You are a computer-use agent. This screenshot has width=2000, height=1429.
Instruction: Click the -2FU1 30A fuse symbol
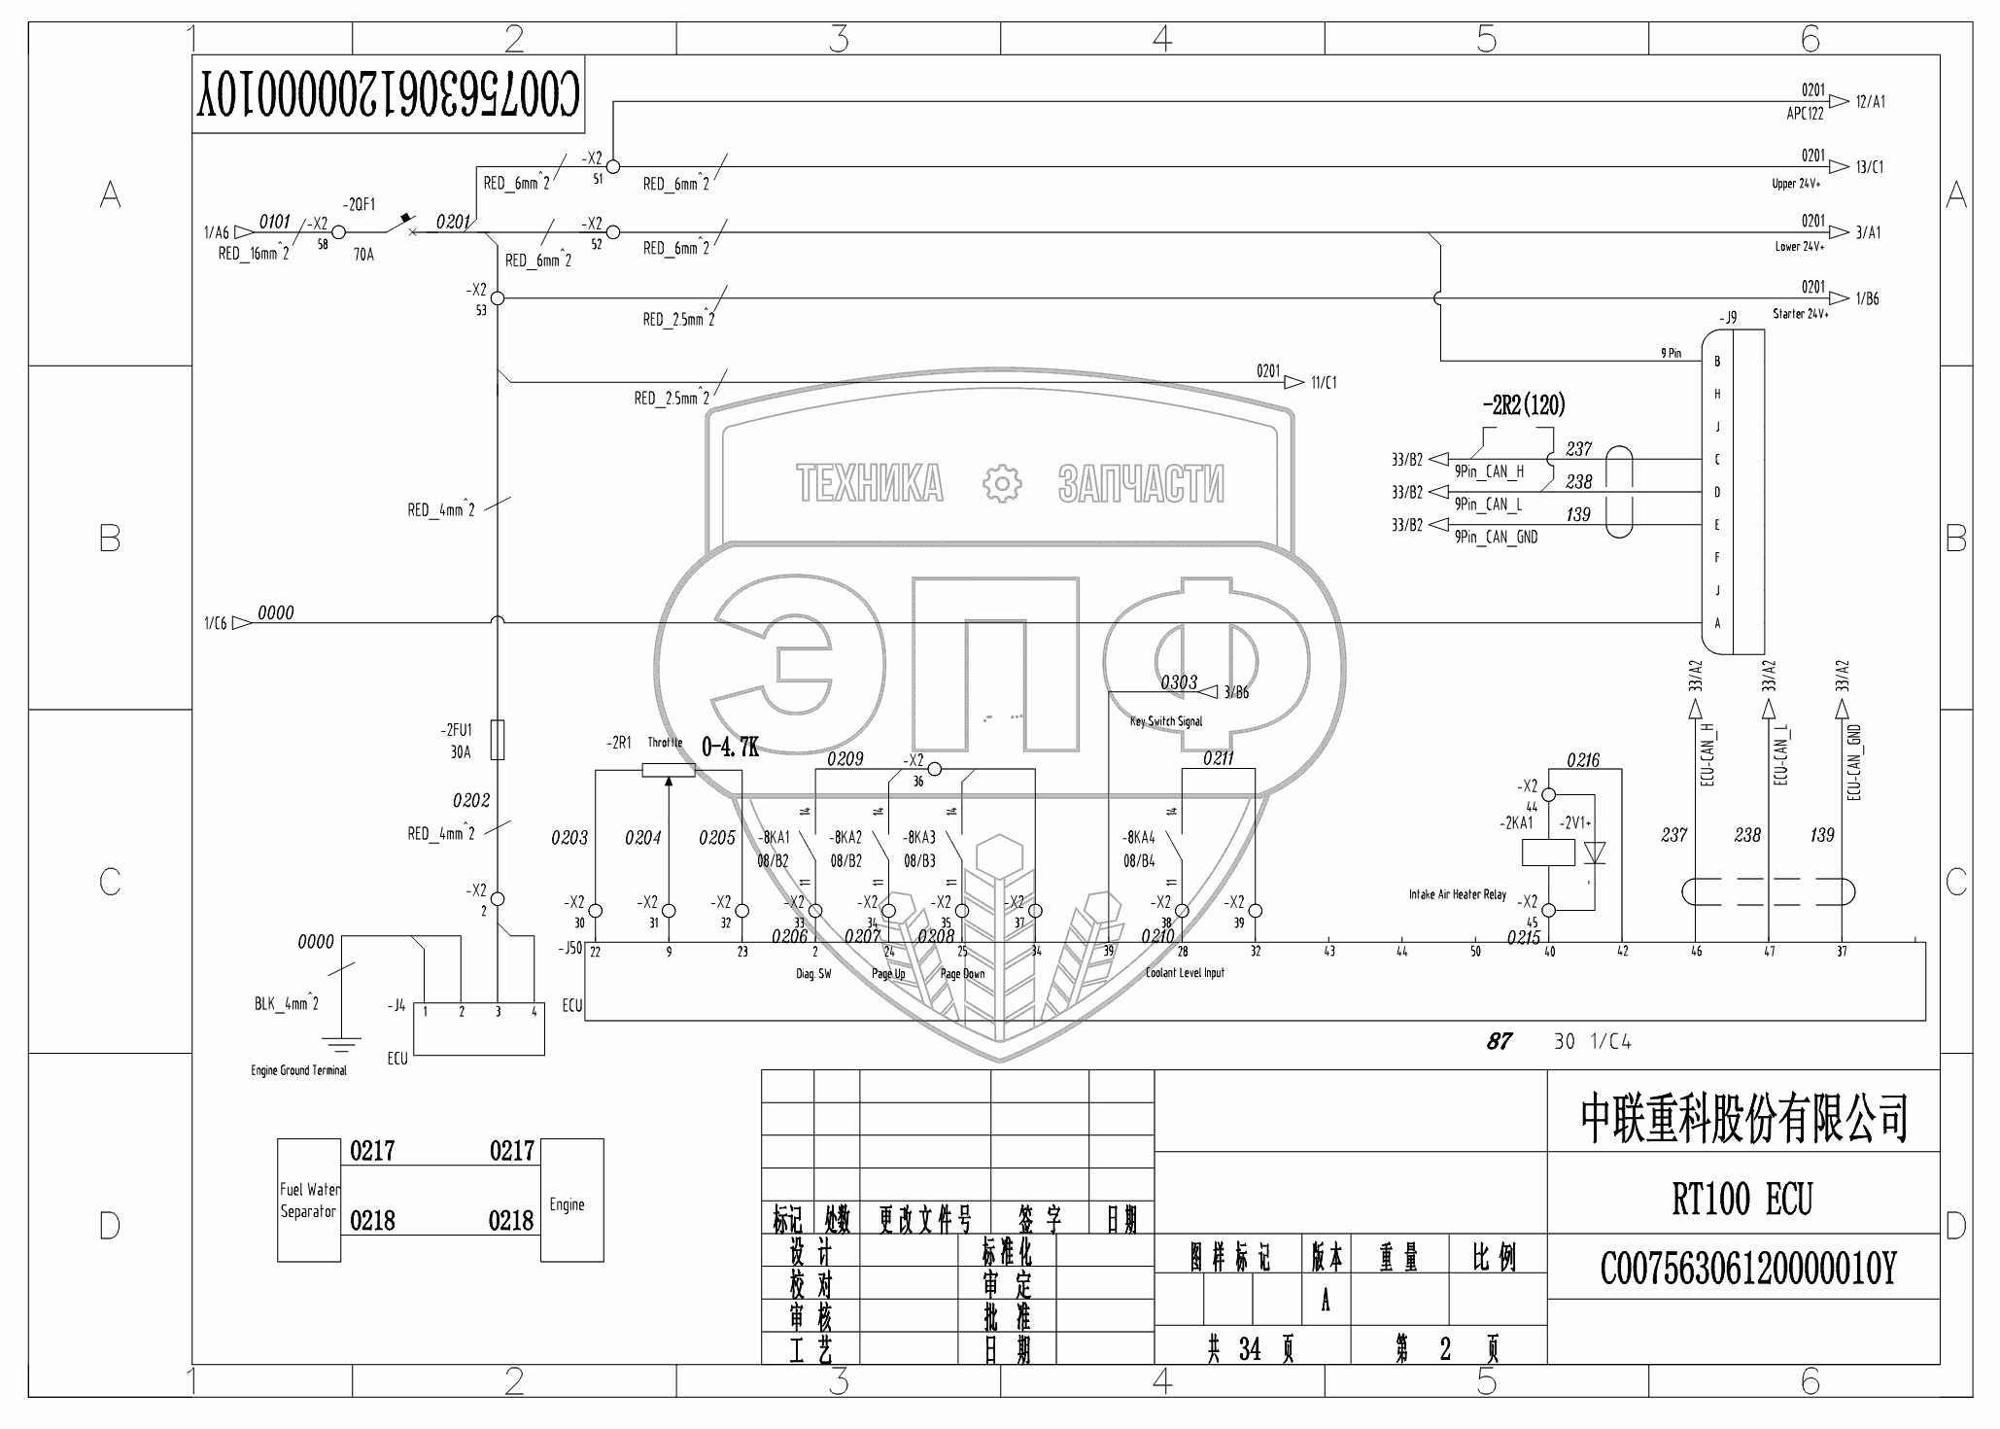tap(498, 740)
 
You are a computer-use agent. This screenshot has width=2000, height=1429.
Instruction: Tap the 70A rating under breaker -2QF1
tap(362, 256)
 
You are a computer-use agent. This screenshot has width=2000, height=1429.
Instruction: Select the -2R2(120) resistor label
tap(1523, 405)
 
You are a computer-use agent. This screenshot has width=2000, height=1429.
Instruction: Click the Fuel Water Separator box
tap(309, 1201)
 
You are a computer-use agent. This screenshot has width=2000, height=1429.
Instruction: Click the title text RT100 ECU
tap(1741, 1200)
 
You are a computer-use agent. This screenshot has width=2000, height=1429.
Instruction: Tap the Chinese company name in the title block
tap(1743, 1118)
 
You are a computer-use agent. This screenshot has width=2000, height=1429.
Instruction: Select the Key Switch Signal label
tap(1166, 721)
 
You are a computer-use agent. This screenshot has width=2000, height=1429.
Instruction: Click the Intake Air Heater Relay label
tap(1457, 894)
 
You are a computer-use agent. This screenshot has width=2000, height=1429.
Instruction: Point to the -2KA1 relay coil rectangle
tap(1547, 853)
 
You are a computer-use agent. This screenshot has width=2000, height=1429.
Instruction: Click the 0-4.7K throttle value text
tap(729, 747)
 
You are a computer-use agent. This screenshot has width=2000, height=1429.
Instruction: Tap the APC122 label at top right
tap(1805, 114)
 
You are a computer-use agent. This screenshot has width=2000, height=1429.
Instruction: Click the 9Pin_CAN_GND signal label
tap(1496, 537)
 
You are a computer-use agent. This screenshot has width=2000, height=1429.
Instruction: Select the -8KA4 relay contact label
tap(1138, 837)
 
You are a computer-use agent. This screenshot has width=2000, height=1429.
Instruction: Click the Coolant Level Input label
tap(1185, 972)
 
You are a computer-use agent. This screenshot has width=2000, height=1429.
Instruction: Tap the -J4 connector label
tap(396, 1006)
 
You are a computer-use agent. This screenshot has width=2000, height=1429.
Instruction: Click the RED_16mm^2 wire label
tap(254, 254)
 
